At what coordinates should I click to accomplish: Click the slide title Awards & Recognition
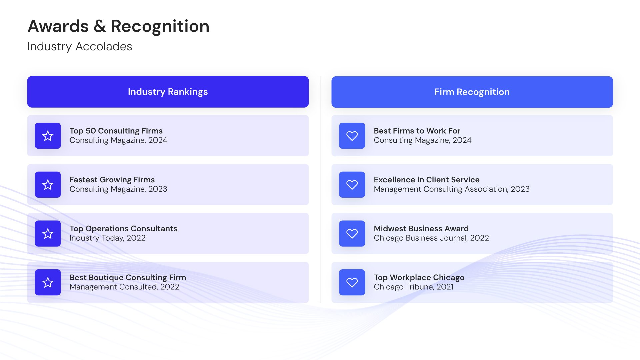[119, 26]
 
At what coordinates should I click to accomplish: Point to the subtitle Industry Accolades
[80, 46]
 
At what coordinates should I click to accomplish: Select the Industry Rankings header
[168, 92]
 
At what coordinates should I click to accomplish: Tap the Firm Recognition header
[472, 92]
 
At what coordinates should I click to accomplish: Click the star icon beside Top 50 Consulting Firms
[48, 136]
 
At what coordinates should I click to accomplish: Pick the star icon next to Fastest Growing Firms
[48, 185]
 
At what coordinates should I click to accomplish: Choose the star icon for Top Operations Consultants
[48, 233]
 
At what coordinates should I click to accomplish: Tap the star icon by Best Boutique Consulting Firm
[48, 282]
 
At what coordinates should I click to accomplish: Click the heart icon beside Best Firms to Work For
[352, 136]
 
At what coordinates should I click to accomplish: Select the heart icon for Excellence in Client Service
[352, 185]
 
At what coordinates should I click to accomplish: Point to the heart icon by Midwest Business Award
[352, 233]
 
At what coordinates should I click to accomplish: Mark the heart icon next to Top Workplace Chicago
[352, 282]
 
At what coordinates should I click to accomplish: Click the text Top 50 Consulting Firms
[116, 131]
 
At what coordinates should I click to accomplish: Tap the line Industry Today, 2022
[107, 238]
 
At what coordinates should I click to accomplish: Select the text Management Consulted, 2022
[124, 287]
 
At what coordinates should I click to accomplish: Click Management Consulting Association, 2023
[452, 189]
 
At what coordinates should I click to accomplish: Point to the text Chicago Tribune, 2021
[414, 287]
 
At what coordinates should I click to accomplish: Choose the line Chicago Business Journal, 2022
[431, 238]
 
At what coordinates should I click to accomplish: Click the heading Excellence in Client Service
[427, 180]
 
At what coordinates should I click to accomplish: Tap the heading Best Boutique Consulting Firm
[128, 278]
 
